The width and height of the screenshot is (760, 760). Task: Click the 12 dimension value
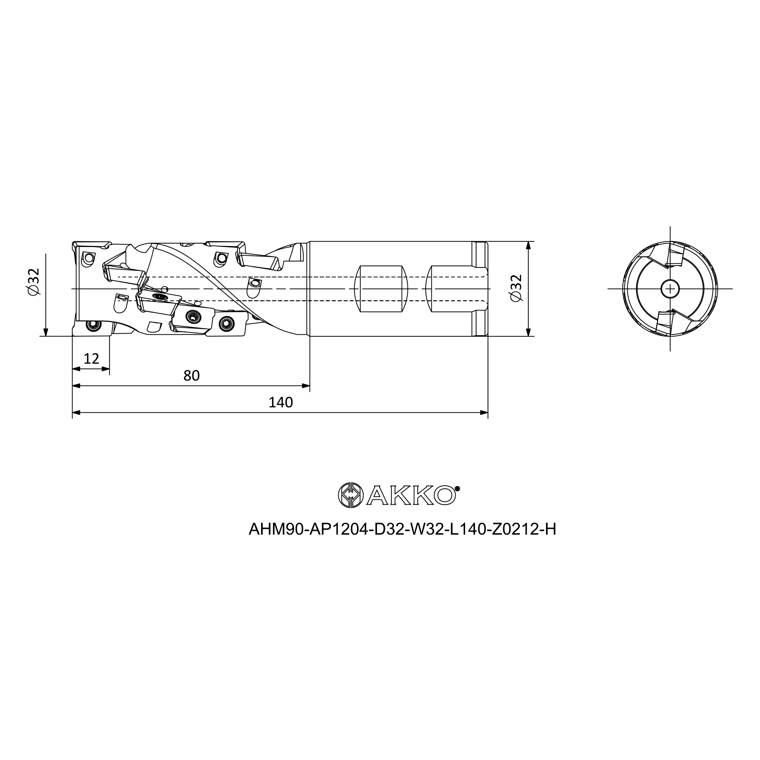pos(91,359)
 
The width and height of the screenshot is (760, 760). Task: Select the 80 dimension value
pos(192,376)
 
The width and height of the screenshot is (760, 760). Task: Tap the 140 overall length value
pos(280,402)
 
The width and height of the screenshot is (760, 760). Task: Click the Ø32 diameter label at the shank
pos(516,288)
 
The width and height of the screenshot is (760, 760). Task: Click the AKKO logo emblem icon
pos(350,495)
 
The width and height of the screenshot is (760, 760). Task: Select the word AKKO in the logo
pos(412,495)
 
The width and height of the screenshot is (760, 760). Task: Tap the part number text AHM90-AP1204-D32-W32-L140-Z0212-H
pos(402,529)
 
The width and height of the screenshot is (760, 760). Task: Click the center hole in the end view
pos(670,289)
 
